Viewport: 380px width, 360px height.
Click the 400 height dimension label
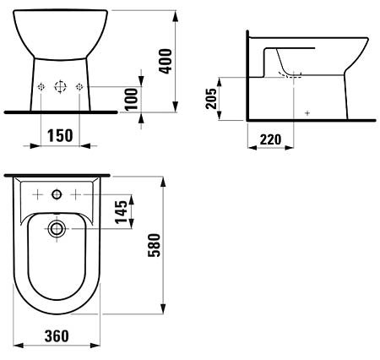coord(166,61)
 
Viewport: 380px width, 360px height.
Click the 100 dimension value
coord(132,99)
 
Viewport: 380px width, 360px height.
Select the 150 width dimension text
coord(60,135)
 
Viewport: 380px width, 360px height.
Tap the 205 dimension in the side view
coord(211,99)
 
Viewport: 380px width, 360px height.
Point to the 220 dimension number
coord(270,139)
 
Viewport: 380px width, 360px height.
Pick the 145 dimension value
coord(122,212)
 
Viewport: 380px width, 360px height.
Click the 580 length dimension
coord(154,245)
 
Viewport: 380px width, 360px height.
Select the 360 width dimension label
coord(57,336)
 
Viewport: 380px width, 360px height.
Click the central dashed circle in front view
coord(60,87)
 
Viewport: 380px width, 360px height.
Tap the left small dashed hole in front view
coord(41,87)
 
